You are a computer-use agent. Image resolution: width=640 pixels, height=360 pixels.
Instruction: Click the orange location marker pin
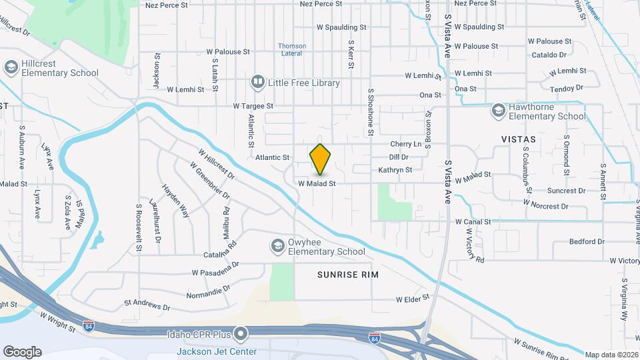point(321,159)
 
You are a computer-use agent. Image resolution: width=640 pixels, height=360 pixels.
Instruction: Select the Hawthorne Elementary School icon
point(498,111)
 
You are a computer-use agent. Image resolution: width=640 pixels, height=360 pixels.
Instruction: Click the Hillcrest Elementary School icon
point(10,67)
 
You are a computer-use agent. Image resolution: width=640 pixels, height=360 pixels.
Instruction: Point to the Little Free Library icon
point(257,83)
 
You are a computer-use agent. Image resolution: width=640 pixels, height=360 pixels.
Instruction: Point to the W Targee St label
point(253,106)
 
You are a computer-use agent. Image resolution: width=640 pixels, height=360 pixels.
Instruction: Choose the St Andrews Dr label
point(147,305)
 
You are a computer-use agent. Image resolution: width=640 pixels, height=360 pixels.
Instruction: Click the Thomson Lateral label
point(292,50)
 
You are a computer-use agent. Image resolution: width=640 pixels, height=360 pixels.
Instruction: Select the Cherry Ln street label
point(406,145)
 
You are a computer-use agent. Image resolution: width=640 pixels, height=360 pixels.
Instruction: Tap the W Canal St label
point(473,221)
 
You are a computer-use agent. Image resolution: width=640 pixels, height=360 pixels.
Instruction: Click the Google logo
point(22,352)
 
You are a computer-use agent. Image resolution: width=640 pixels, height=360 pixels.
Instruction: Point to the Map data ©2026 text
point(611,355)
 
